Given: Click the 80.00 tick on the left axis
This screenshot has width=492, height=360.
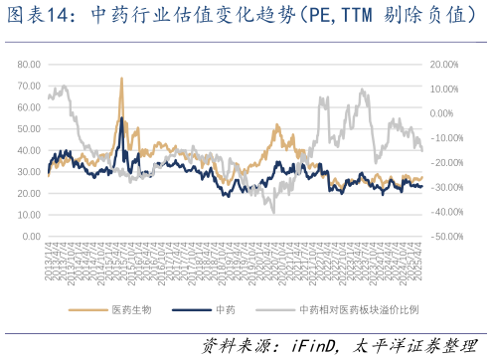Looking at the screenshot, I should click(x=28, y=64).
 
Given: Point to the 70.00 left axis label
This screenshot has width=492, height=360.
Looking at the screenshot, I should click(x=28, y=86).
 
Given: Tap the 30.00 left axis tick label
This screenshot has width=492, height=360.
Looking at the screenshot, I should click(x=28, y=172).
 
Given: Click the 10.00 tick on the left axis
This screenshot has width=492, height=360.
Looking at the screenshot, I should click(x=28, y=215).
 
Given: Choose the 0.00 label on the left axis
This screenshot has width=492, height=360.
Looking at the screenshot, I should click(x=31, y=237).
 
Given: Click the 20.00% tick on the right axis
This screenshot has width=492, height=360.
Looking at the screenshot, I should click(x=445, y=64).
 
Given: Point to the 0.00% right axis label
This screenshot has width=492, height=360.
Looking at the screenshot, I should click(x=447, y=113).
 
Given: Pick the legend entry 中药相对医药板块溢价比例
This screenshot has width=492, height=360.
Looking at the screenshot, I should click(x=359, y=309).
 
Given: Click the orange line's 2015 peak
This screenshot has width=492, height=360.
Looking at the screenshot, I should click(x=121, y=78).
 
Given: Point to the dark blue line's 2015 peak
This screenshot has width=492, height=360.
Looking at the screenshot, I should click(x=122, y=118).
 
